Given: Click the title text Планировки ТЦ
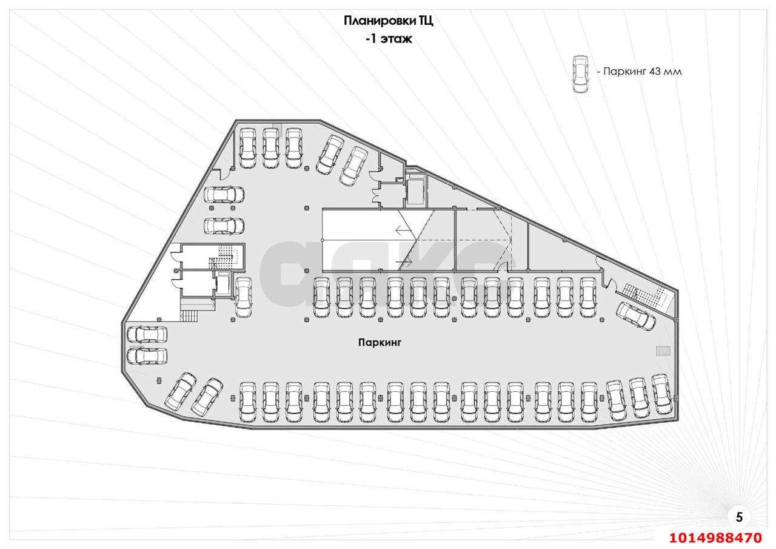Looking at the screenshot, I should (x=389, y=21).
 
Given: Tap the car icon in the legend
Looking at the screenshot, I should (x=580, y=74).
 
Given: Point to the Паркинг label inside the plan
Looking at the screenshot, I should (x=380, y=343).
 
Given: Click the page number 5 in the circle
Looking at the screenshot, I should (x=738, y=517).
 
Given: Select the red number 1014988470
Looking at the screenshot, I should (x=715, y=537).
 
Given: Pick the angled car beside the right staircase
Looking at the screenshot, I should (x=635, y=315).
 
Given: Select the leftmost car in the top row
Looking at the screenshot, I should (x=248, y=148).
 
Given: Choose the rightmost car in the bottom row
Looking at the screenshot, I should (x=663, y=396).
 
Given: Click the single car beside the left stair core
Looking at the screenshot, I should (x=244, y=297).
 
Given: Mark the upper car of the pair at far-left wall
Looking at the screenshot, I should (x=147, y=335).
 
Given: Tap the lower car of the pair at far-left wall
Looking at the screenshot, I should (x=147, y=357).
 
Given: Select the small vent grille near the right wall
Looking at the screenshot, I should (x=663, y=351).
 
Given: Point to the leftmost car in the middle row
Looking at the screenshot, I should (x=321, y=297).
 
